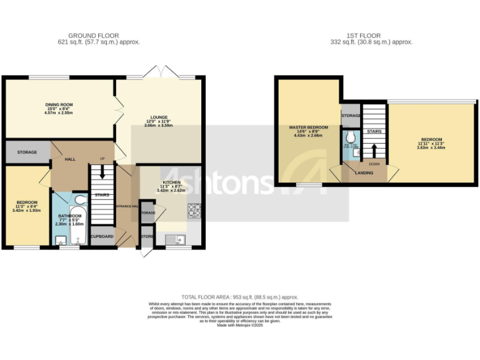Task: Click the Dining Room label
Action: pos(59,104)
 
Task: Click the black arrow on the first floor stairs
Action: pos(374,151)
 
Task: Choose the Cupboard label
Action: pos(102,236)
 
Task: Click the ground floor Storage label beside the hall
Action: pos(27,152)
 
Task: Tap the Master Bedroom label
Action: pos(308,127)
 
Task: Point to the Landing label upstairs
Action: pos(364,173)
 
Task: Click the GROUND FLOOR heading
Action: pos(94,36)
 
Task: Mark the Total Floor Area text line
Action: pos(239,297)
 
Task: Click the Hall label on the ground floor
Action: pos(71,159)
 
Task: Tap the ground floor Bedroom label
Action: pos(27,202)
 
